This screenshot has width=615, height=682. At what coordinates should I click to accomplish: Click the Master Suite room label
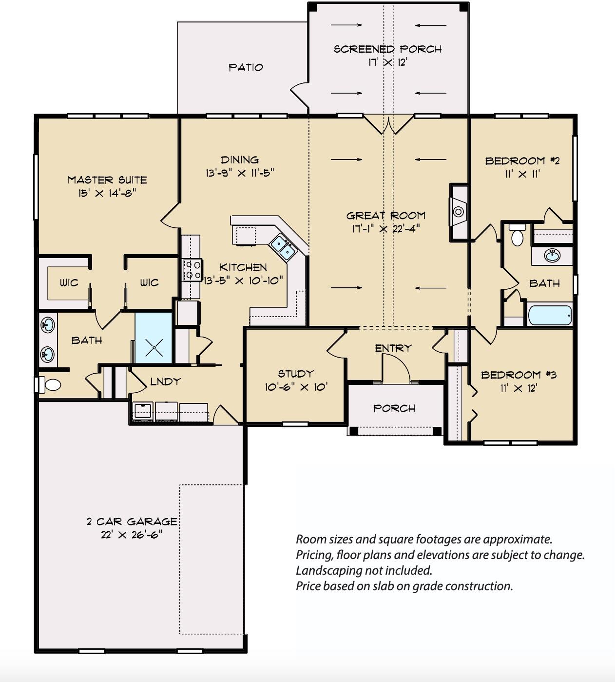point(107,180)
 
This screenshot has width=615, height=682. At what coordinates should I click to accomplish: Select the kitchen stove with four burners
point(192,270)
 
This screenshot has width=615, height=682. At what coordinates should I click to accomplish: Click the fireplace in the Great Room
point(458,212)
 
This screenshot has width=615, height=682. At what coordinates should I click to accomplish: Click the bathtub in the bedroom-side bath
point(549,316)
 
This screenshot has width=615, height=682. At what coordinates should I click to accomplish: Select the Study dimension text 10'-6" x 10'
point(296,387)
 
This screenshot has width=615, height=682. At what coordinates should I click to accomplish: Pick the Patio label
point(246,67)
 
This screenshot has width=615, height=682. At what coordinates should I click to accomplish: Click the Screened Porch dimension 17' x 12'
point(387,62)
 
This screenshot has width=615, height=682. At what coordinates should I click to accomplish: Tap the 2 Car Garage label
point(132,522)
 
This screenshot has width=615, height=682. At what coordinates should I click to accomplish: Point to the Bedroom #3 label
point(519,375)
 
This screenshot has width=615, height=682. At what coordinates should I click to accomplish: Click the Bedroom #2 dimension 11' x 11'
point(522,174)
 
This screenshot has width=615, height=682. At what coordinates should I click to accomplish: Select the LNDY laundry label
point(165,381)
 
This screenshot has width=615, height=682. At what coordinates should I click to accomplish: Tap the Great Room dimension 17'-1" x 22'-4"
point(385,228)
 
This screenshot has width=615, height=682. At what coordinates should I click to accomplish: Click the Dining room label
point(239,160)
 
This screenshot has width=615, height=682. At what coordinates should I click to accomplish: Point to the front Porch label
point(394,408)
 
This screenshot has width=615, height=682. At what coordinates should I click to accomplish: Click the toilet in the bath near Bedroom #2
point(517,237)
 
